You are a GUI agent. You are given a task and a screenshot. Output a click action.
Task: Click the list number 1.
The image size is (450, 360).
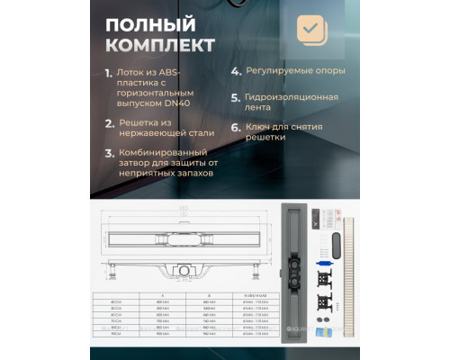click(109, 71)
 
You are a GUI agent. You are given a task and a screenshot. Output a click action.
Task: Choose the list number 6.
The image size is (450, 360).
click(236, 128)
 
